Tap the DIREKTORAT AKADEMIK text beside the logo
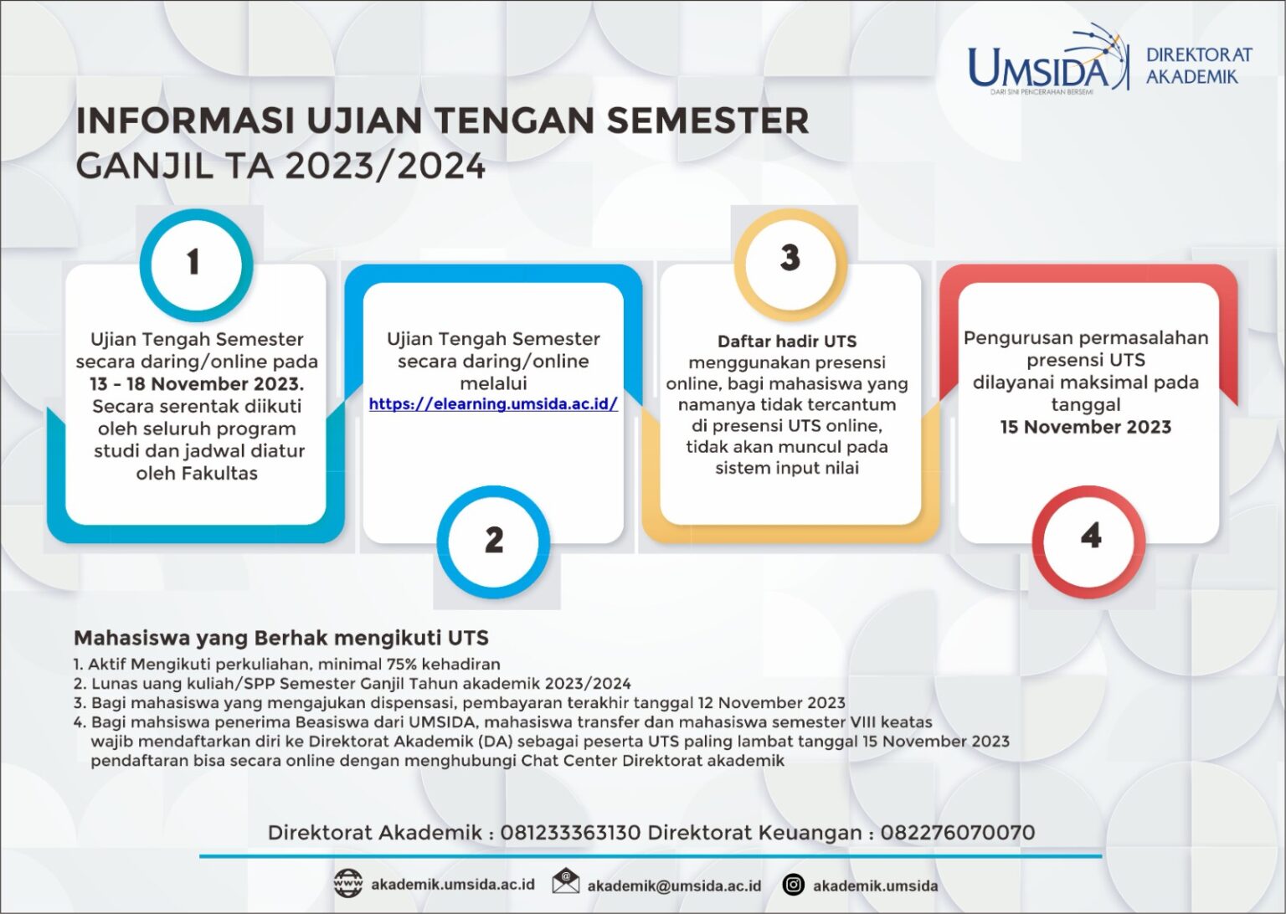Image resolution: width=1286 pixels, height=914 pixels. [x=1198, y=65]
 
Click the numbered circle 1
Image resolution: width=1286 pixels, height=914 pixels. [x=193, y=262]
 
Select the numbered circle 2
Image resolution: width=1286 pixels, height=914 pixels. [x=493, y=540]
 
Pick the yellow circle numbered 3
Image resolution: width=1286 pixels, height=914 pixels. [x=790, y=259]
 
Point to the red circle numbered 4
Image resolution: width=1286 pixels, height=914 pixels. [x=1089, y=537]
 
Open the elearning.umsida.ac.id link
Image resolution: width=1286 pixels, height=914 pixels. [x=493, y=404]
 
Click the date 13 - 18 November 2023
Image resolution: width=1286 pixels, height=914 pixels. [x=197, y=384]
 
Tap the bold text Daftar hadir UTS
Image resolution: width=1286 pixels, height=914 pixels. [x=786, y=341]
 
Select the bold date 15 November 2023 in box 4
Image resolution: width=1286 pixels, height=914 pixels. [x=1085, y=427]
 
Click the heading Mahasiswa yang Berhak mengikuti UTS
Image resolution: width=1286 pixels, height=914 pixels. [x=281, y=638]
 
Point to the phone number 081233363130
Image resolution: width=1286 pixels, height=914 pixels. [x=570, y=833]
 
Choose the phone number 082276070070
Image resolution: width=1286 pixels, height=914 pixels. [x=957, y=833]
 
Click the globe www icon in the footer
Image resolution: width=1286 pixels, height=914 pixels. [x=347, y=884]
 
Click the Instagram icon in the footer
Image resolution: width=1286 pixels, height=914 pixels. [x=793, y=885]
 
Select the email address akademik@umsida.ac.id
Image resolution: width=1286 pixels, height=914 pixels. [x=674, y=886]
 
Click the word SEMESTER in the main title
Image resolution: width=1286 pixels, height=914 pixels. [x=707, y=121]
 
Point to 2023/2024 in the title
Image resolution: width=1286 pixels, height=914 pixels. [x=385, y=167]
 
